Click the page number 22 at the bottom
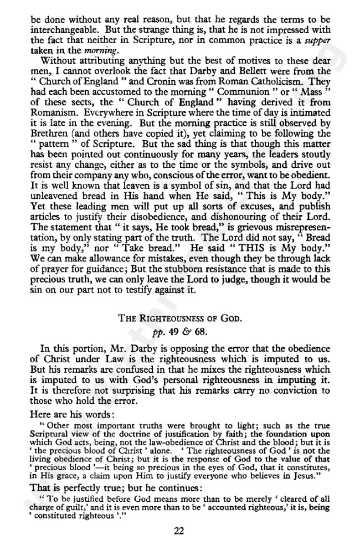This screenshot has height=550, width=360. point(178,531)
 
